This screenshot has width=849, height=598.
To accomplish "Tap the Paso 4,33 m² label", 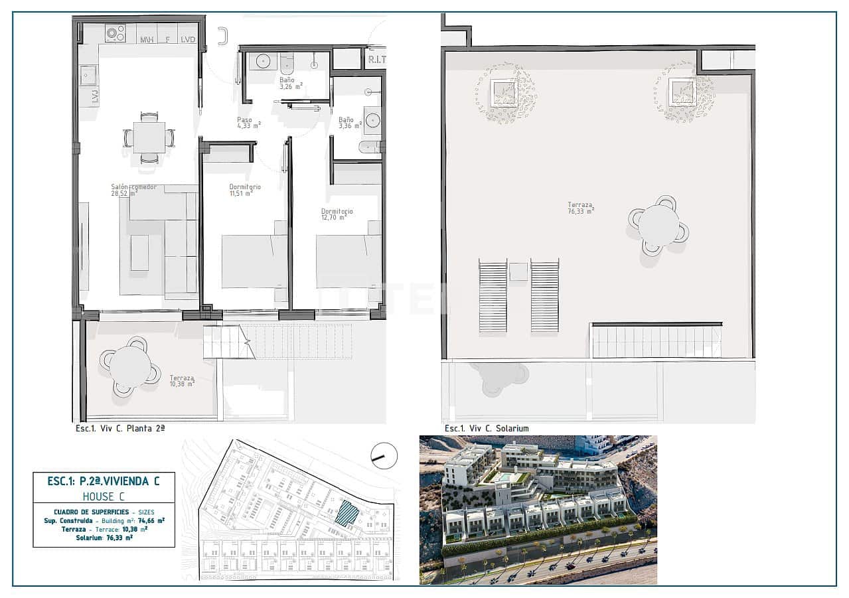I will (248, 123).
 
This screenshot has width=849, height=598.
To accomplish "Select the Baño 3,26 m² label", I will (290, 83).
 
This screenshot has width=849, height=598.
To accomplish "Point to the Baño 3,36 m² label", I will (349, 123).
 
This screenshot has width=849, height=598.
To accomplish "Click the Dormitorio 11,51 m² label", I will (244, 190).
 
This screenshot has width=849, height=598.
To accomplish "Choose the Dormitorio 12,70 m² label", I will (337, 214).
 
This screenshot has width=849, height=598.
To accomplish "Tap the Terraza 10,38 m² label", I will (181, 380).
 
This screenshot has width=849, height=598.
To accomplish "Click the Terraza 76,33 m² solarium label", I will (580, 208).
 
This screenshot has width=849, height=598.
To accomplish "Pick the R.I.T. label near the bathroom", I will (376, 60).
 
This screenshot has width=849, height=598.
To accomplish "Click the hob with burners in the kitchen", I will (115, 33).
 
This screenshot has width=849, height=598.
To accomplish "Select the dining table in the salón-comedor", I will (149, 138).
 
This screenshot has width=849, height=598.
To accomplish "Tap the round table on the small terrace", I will (130, 366).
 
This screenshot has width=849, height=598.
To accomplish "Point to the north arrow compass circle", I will (384, 455).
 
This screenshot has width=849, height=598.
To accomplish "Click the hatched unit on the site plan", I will (347, 513).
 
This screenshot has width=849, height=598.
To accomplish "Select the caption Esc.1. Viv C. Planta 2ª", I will (120, 429).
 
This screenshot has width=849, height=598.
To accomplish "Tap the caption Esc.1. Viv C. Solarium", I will (487, 429).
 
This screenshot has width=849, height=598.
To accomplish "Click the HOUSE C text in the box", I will (104, 496).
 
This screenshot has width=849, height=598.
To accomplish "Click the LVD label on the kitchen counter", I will (189, 40).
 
